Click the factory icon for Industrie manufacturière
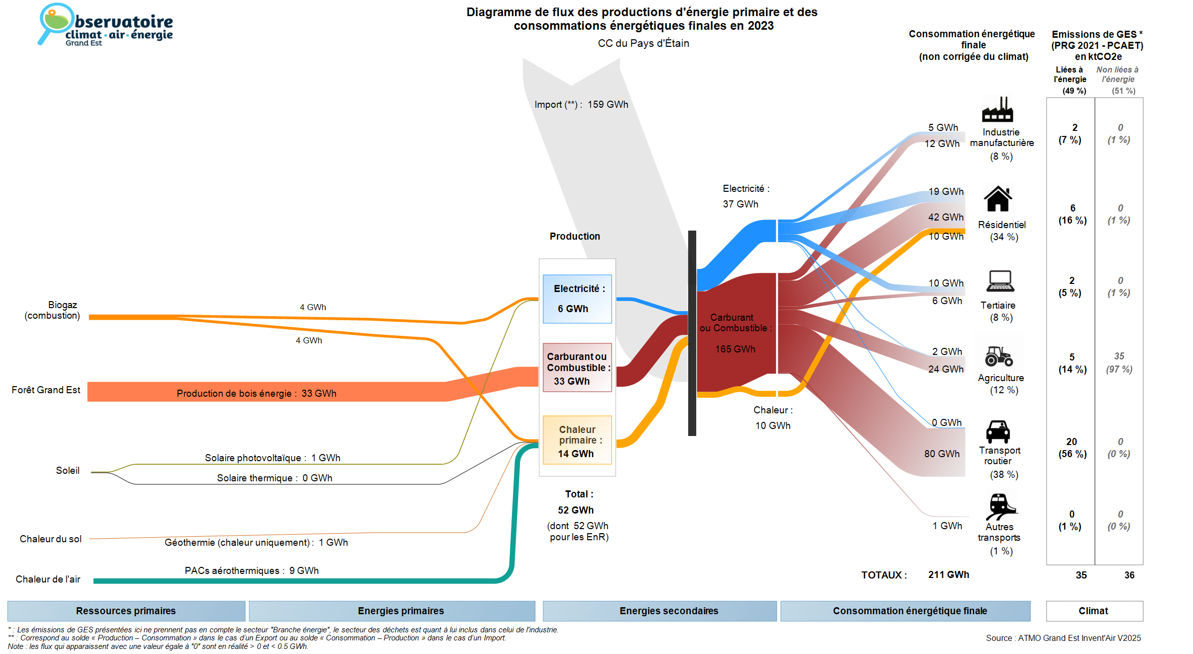pos(997,110)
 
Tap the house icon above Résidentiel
pos(998,199)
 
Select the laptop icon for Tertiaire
pos(1000,281)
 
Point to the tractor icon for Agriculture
pos(999,356)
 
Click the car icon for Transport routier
pos(998,431)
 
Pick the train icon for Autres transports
pos(1000,506)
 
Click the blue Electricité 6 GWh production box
pos(577,299)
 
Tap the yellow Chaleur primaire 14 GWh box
pos(577,441)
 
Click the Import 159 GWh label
pos(581,105)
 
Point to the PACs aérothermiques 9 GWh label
pos(252,570)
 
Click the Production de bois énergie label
pos(256,393)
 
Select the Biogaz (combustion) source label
pos(52,310)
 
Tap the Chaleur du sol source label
pos(50,539)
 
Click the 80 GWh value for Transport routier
pos(941,454)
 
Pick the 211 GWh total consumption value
pos(948,574)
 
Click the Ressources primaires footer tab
pos(126,611)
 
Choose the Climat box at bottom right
pos(1094,611)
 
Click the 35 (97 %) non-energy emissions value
pos(1119,362)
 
